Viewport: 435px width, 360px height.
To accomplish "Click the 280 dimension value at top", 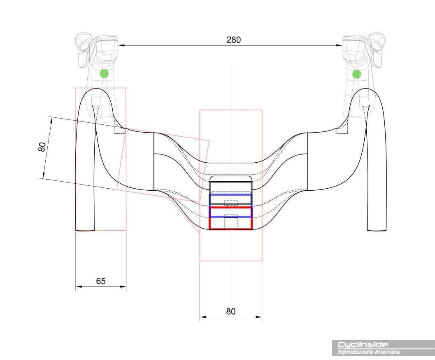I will pos(233,40).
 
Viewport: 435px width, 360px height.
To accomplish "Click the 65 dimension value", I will pos(101,281).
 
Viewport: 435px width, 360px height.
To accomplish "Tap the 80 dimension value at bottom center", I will pos(231,311).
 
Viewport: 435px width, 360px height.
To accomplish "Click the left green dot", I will pos(104,73).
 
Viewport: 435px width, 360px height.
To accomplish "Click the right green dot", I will pos(357,74).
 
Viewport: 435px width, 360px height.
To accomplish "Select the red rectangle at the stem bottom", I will pos(230,224).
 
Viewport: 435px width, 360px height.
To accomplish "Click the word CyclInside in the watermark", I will pos(363,344).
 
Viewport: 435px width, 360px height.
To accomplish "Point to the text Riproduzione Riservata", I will pos(368,352).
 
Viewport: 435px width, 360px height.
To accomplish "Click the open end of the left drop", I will pos(85,230).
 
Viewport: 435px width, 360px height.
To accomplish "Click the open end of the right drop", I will pos(377,230).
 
